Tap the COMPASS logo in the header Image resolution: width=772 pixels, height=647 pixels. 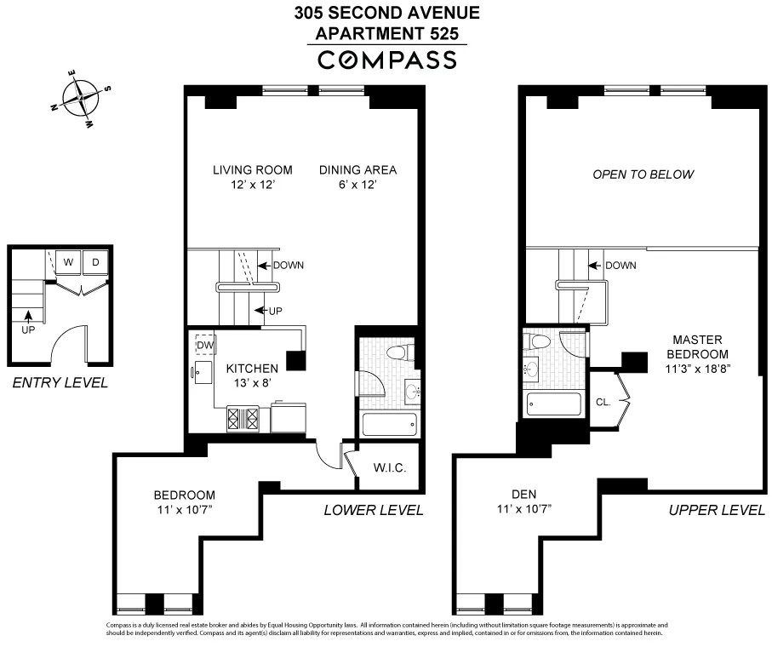[x=386, y=60]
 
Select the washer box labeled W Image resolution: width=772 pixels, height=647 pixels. [x=66, y=261]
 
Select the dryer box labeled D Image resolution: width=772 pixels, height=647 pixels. [x=96, y=261]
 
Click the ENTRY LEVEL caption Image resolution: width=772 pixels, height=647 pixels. [x=60, y=383]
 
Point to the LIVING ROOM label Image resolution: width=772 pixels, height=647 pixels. [x=252, y=169]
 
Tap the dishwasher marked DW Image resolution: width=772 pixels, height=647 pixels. [x=203, y=345]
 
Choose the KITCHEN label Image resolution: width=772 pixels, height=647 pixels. [x=252, y=369]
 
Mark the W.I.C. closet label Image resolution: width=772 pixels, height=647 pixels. [x=389, y=468]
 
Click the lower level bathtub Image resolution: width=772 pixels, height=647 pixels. [x=389, y=423]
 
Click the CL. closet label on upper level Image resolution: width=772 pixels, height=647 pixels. [x=603, y=402]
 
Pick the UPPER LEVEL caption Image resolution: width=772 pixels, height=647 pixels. [x=716, y=511]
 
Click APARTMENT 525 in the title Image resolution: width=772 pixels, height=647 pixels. [x=386, y=34]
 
